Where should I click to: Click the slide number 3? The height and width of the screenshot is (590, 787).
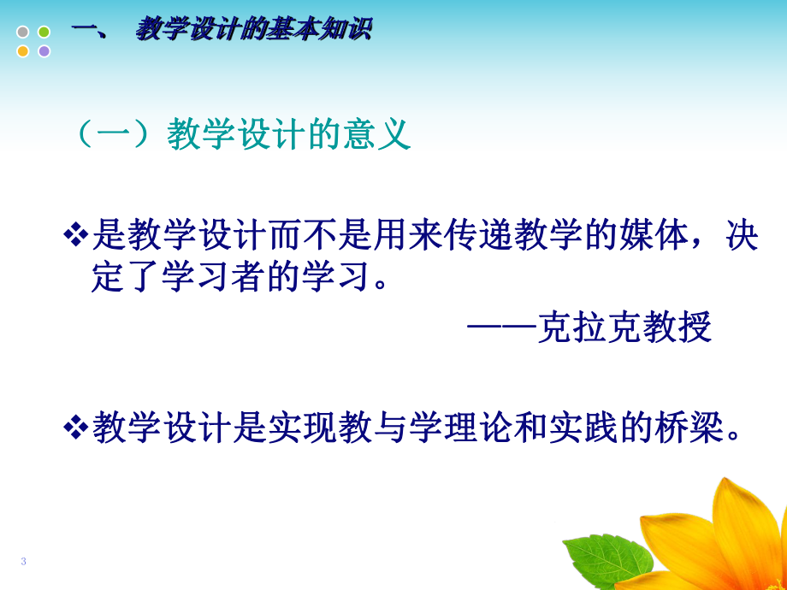tap(24, 561)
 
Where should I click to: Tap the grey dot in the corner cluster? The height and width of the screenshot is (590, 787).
tap(23, 32)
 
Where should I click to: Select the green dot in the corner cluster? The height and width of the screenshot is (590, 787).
tap(44, 32)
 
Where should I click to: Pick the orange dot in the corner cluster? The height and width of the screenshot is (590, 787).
tap(23, 51)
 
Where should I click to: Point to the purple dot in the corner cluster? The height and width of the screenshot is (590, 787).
tap(44, 51)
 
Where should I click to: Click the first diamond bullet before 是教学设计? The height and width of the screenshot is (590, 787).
tap(77, 235)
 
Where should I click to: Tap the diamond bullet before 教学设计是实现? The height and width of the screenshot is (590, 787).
tap(77, 425)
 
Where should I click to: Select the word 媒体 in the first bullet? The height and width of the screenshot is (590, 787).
tap(655, 237)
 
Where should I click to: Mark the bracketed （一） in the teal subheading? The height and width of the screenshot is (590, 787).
tap(117, 135)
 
